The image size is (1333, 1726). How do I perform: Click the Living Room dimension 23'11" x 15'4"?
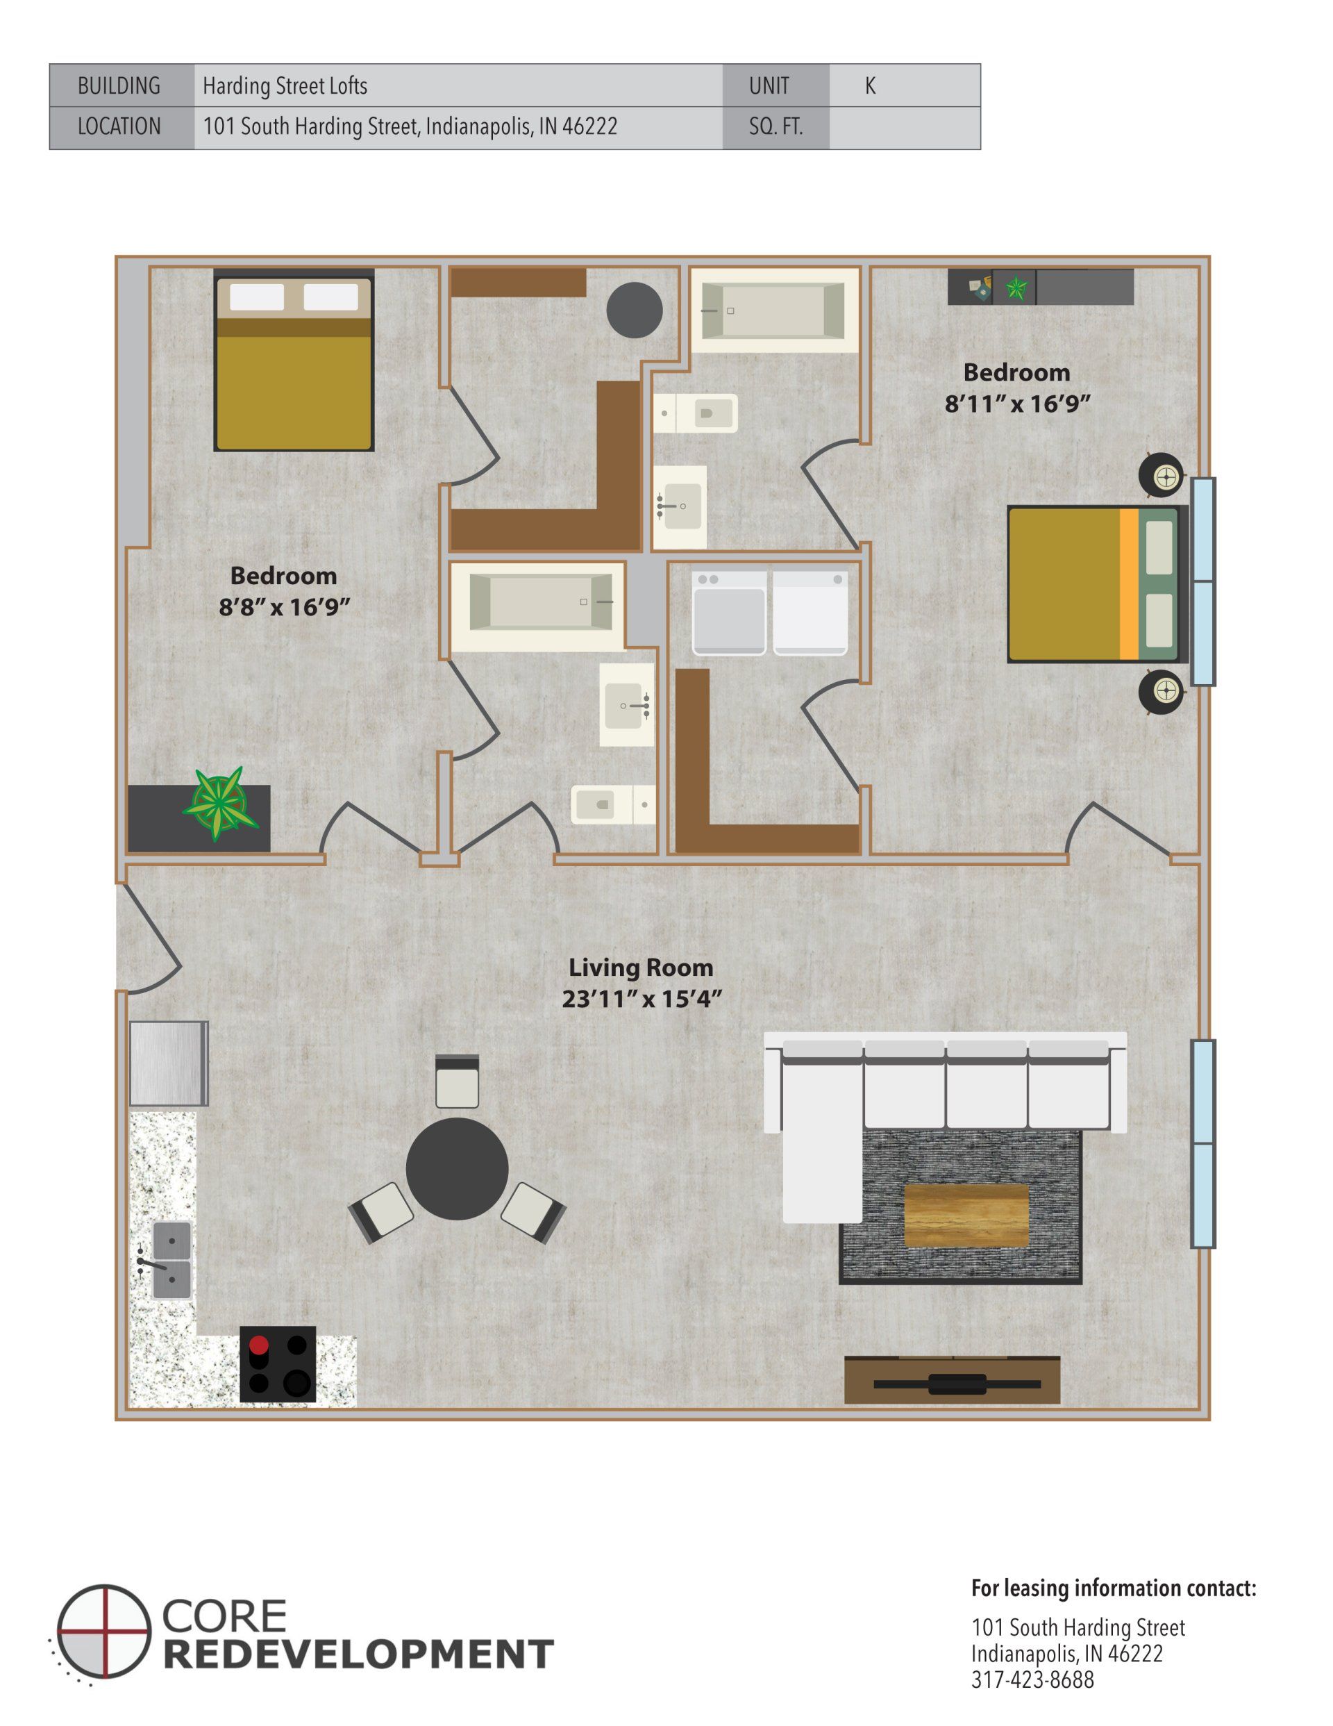coord(641,999)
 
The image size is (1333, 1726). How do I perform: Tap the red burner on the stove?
coord(258,1345)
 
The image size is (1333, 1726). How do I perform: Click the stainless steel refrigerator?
coord(168,1063)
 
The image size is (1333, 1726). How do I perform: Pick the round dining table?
coord(457,1169)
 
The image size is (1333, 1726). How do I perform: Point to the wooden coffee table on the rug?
coord(966,1215)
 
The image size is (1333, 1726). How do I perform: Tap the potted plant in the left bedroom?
coord(217,804)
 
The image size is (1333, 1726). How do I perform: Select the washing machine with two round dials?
coord(728,613)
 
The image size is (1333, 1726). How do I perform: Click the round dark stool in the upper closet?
coord(634,310)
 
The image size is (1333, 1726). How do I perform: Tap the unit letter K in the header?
coord(869,85)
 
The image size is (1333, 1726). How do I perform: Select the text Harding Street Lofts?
coord(285,85)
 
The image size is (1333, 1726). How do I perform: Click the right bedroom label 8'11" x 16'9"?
coord(1017,404)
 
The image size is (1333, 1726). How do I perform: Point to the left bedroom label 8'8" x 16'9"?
coord(284,607)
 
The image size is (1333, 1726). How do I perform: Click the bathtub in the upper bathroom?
coord(773,310)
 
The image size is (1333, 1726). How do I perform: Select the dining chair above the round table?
coord(457,1082)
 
